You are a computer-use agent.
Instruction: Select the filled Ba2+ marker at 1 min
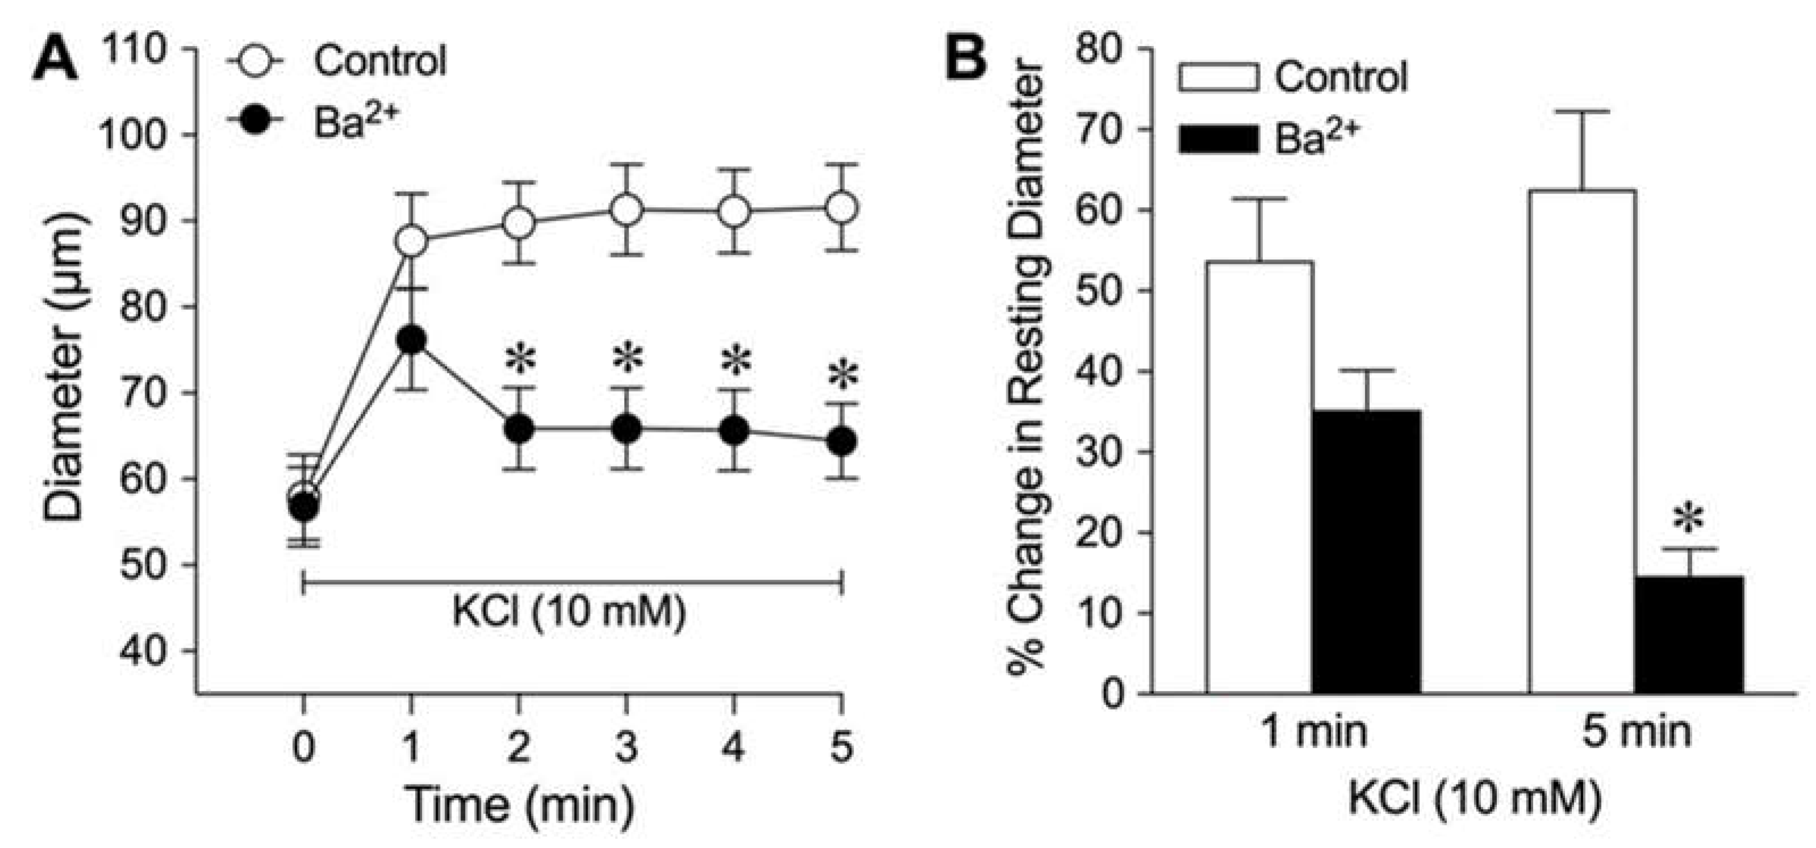pyautogui.click(x=411, y=341)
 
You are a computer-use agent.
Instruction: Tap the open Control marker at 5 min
pyautogui.click(x=842, y=208)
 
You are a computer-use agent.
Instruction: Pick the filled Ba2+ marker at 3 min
pyautogui.click(x=627, y=429)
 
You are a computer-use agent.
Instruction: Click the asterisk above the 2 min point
pyautogui.click(x=520, y=359)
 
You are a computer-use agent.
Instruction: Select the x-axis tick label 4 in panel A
pyautogui.click(x=734, y=746)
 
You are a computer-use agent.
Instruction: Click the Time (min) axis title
pyautogui.click(x=520, y=804)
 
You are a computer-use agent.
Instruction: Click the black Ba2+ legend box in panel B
pyautogui.click(x=1218, y=140)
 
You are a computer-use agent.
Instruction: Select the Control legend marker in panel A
pyautogui.click(x=254, y=62)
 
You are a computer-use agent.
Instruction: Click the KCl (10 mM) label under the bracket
pyautogui.click(x=568, y=612)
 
